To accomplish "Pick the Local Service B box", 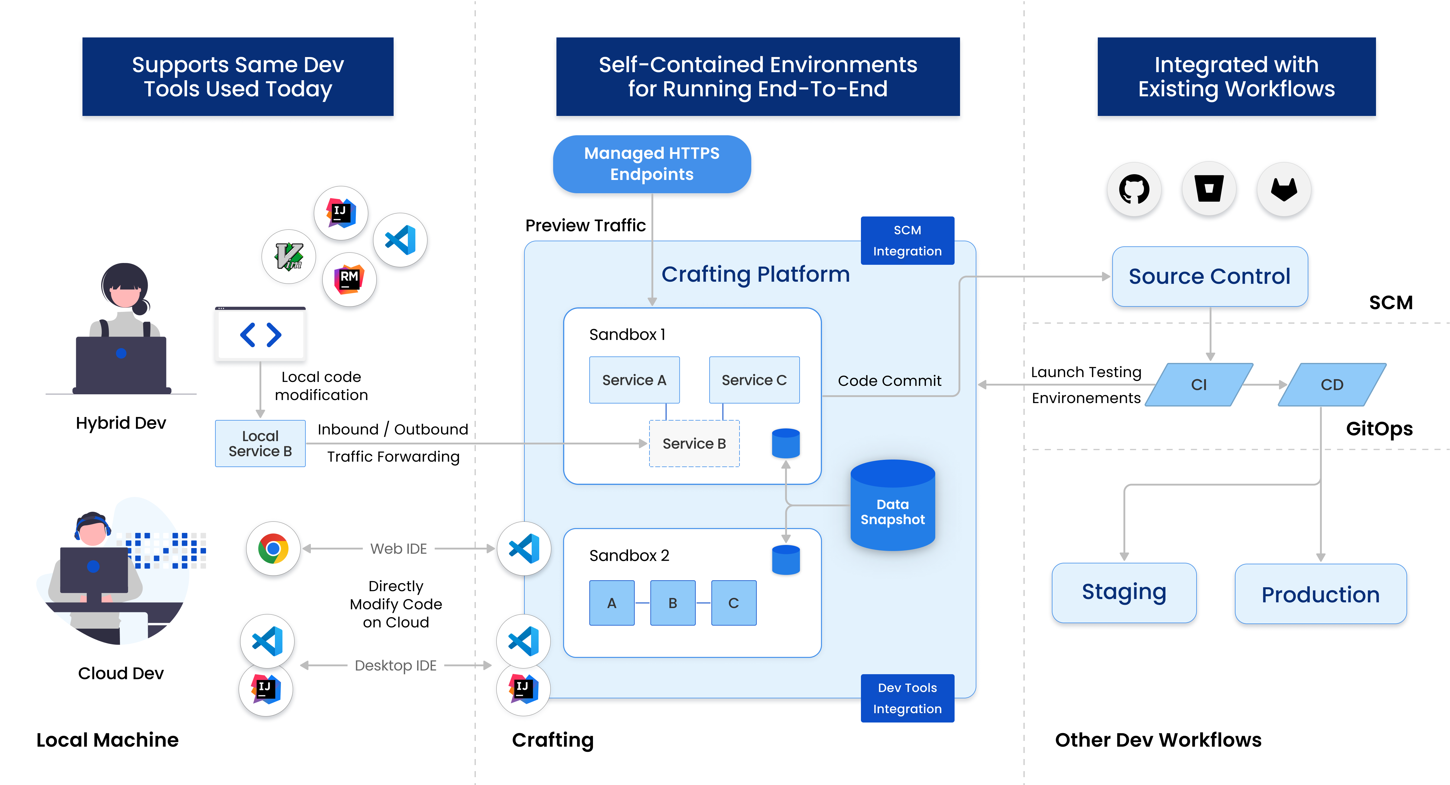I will click(260, 444).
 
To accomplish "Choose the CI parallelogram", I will click(1199, 384).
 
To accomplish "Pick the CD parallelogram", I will click(1332, 384).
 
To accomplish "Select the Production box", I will click(1320, 594).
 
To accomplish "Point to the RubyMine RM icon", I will click(349, 279).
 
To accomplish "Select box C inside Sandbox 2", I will click(733, 603).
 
